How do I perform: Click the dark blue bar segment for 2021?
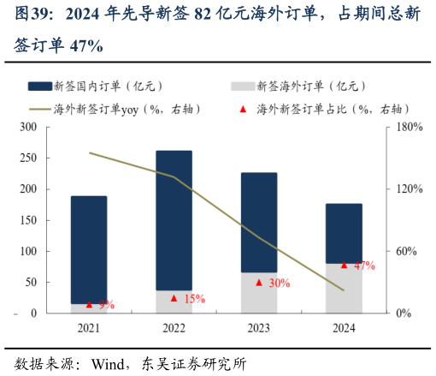click(x=89, y=248)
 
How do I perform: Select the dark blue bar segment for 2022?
click(x=174, y=219)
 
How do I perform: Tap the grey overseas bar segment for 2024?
click(x=344, y=288)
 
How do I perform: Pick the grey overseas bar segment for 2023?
click(x=258, y=292)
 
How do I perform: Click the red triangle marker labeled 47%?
click(x=344, y=265)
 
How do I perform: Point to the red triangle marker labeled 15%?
click(x=174, y=298)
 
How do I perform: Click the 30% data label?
click(x=279, y=283)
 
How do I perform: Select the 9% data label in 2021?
click(x=107, y=304)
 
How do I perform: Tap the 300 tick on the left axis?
click(x=28, y=127)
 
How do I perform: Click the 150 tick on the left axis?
click(x=28, y=220)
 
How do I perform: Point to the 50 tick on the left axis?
click(x=31, y=282)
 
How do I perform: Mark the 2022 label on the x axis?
click(x=174, y=327)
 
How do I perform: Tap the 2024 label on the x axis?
click(x=344, y=327)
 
